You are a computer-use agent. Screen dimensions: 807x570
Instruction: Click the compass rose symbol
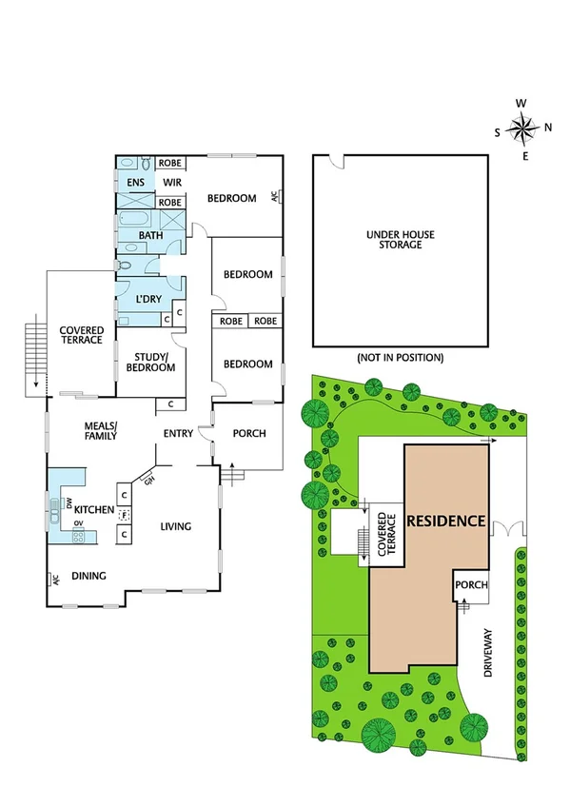[523, 128]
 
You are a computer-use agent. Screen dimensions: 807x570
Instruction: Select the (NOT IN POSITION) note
[400, 358]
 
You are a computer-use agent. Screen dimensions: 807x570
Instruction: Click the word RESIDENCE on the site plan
[446, 522]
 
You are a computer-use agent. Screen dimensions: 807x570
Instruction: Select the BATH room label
[151, 235]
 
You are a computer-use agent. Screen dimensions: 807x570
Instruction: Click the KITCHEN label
[96, 511]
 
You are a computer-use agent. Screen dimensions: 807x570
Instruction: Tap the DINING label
[88, 576]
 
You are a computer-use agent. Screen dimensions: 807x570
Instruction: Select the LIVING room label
[175, 526]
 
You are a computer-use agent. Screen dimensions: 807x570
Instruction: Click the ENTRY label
[178, 435]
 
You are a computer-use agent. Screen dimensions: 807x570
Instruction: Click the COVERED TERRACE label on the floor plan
[80, 335]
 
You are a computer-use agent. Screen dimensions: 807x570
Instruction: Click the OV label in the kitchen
[80, 523]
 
